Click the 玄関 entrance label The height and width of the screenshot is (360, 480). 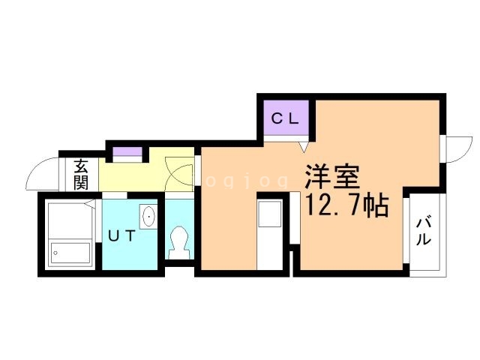80,175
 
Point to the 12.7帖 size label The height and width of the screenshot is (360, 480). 345,204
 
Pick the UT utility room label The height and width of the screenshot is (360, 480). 121,236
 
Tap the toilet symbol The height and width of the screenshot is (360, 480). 180,241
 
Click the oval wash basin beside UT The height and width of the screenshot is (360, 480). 148,217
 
